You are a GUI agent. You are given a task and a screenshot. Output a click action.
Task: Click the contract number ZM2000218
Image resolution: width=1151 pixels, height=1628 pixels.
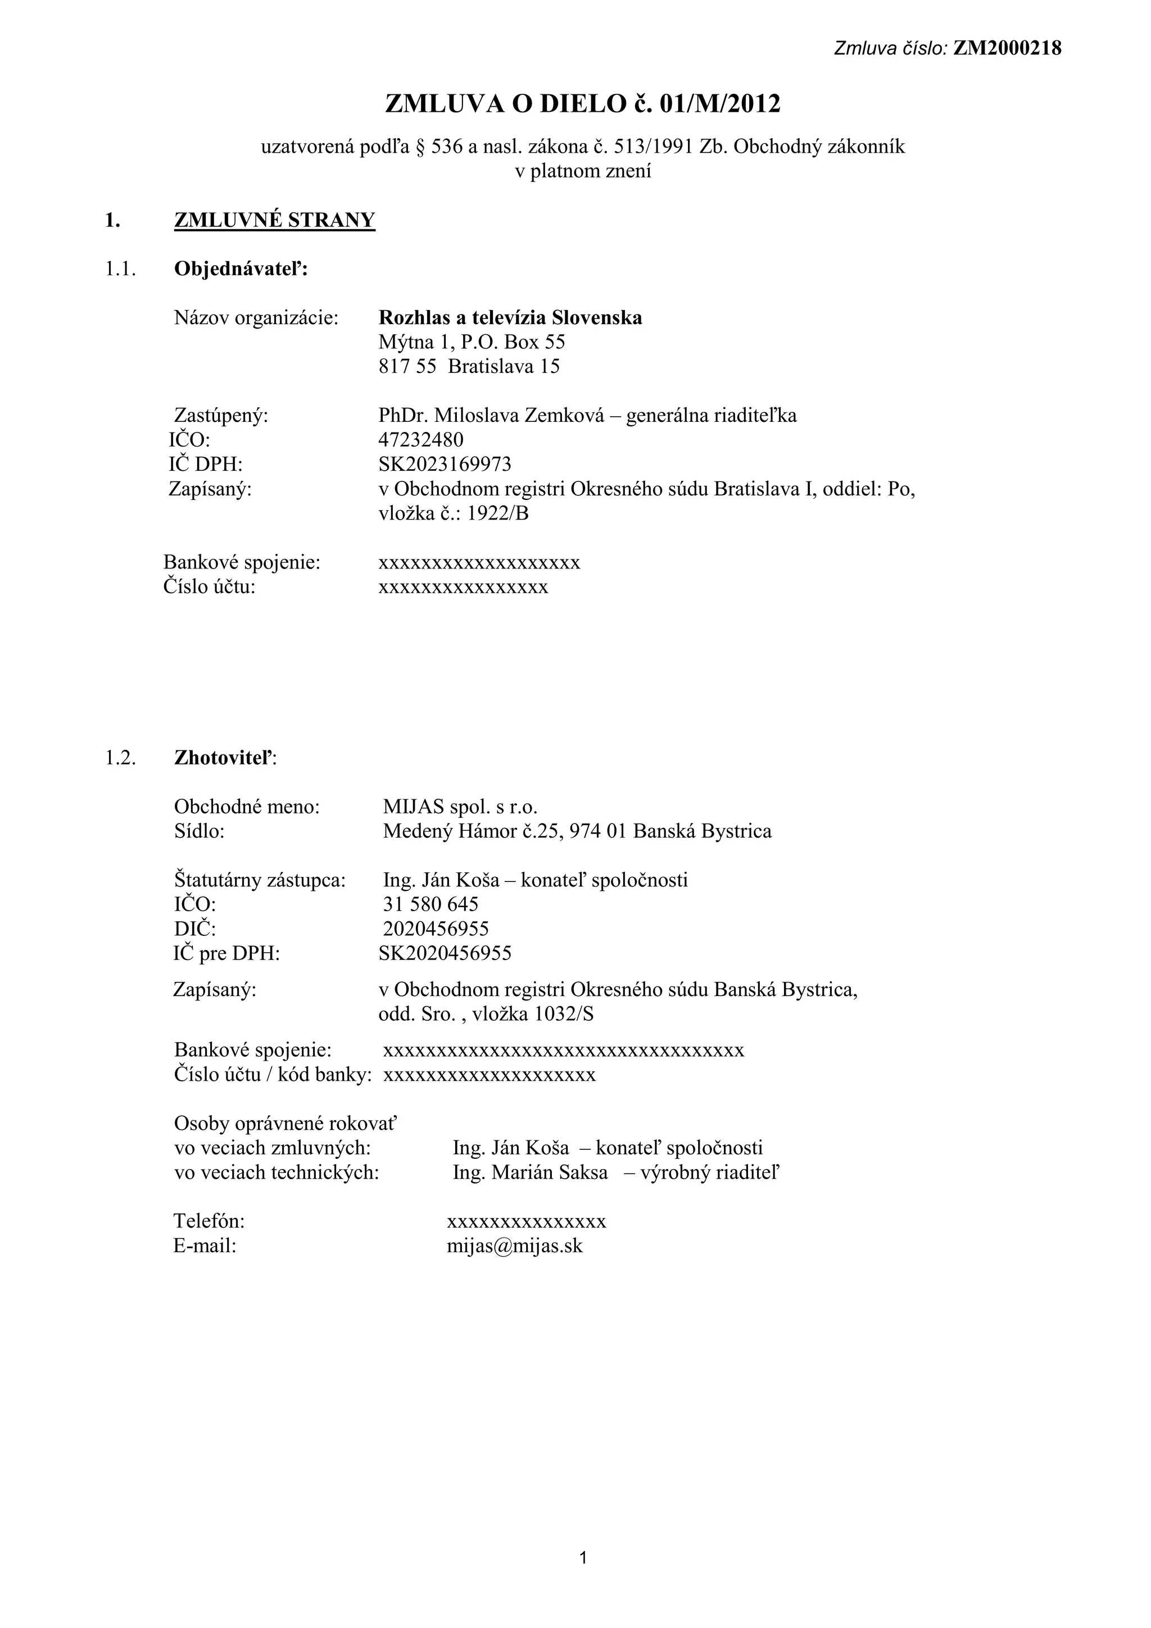coord(1007,48)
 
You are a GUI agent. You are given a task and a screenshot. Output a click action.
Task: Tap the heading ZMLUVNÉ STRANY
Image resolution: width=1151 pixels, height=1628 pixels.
coord(274,221)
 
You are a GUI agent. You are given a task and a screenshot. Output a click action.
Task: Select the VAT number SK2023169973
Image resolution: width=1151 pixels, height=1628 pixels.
coord(445,465)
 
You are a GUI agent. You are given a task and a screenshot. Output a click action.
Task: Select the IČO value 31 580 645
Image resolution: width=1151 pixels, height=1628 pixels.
coord(431,904)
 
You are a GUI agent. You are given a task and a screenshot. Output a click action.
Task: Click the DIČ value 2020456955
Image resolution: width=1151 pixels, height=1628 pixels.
coord(436,929)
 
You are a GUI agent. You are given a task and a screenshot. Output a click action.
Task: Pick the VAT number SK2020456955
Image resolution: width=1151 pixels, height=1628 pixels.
coord(445,953)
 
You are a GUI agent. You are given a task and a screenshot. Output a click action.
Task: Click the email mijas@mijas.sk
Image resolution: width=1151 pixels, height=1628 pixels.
coord(514,1246)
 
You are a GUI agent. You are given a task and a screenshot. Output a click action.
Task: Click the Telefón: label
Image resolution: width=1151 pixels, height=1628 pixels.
coord(209,1221)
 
